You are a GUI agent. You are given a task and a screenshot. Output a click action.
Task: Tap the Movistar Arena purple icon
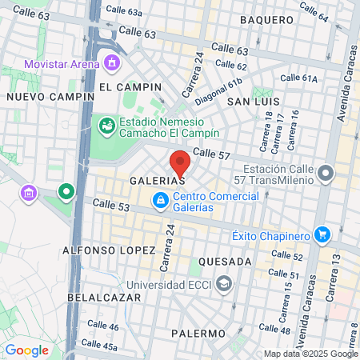tap(112, 62)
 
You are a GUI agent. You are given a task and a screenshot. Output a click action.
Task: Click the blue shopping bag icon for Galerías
tap(161, 199)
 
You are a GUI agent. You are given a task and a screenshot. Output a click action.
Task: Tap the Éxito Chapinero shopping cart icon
tap(322, 234)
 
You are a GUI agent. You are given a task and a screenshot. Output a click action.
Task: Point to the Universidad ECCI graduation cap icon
tap(225, 283)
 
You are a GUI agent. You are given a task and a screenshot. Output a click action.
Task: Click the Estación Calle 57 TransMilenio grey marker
tap(325, 173)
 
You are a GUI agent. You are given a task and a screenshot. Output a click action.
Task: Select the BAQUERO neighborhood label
tap(266, 19)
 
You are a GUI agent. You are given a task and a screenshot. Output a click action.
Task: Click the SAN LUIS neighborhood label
tap(253, 102)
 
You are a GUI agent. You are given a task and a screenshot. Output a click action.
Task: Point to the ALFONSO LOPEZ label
tap(109, 250)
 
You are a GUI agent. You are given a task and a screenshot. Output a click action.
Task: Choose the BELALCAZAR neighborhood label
tap(104, 297)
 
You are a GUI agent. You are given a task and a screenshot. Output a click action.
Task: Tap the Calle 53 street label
tap(110, 206)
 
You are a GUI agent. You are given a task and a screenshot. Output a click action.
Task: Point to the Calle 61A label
tap(300, 78)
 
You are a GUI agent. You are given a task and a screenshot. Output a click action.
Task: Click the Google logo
tap(26, 350)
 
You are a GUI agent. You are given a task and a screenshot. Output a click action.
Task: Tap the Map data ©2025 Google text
tap(311, 354)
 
